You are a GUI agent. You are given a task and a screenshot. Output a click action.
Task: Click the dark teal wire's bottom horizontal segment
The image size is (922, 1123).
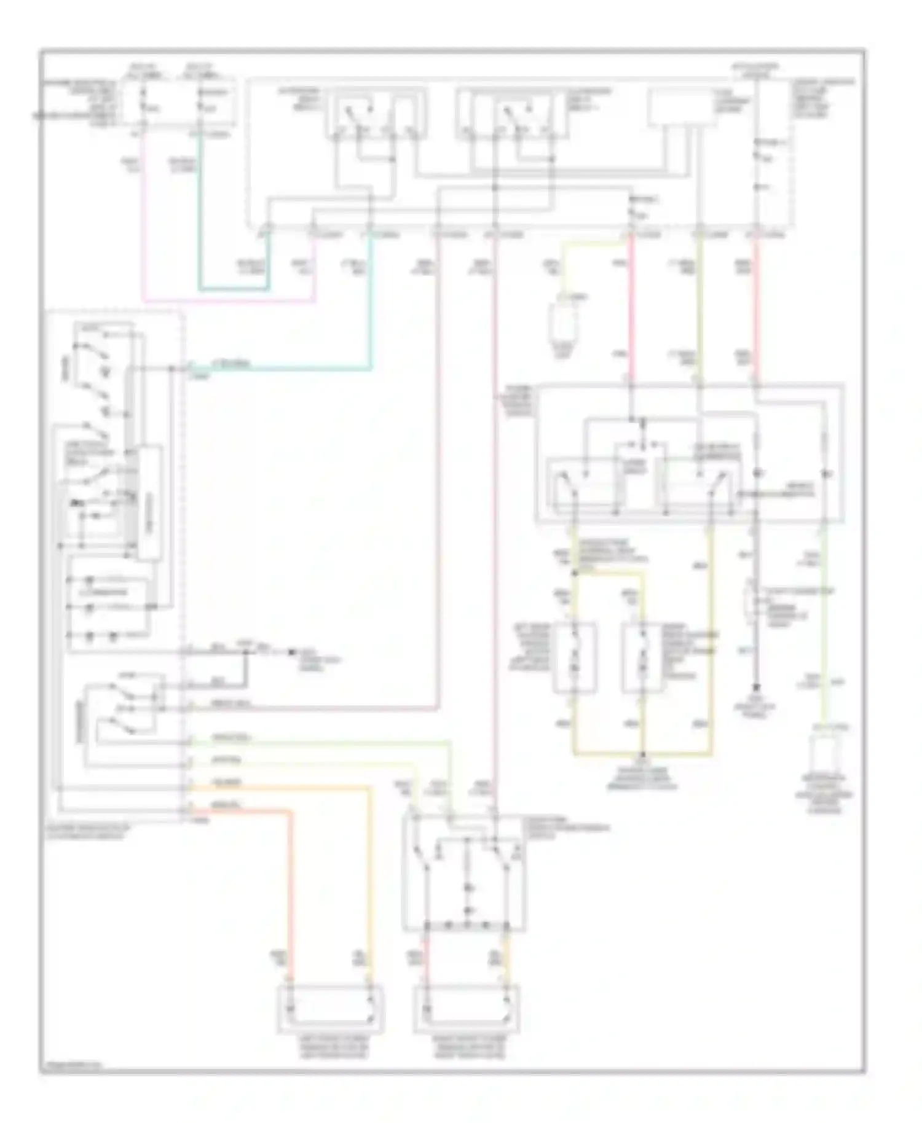(x=234, y=288)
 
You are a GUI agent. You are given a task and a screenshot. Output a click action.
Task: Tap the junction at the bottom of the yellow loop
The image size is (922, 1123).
(x=643, y=754)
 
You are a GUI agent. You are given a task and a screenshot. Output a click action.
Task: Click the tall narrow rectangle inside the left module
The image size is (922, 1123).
(x=149, y=503)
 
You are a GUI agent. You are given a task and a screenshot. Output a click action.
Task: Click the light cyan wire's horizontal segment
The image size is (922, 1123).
(x=277, y=369)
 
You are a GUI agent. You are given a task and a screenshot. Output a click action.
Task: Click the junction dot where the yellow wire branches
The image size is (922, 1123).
(x=575, y=573)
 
